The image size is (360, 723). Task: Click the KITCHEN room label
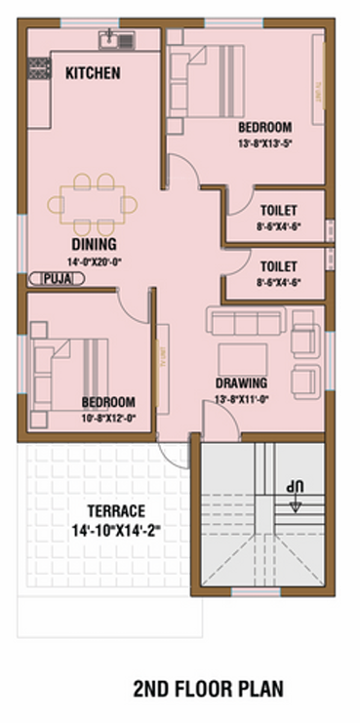tap(93, 72)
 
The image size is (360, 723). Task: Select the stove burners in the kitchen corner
tap(39, 68)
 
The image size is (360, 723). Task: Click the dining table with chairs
tap(93, 202)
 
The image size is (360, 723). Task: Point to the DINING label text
tap(93, 244)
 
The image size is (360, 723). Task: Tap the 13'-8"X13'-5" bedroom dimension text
tap(264, 144)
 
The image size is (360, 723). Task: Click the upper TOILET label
tap(279, 211)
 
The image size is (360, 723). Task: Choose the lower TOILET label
tap(279, 264)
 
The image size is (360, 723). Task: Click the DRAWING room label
tap(241, 383)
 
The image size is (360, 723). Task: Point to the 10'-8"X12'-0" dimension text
tap(107, 417)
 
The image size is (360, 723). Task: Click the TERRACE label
tap(116, 510)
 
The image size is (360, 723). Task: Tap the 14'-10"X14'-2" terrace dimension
tap(116, 531)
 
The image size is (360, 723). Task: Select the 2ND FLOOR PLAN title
tap(209, 689)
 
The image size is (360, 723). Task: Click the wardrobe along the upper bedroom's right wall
tap(318, 78)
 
